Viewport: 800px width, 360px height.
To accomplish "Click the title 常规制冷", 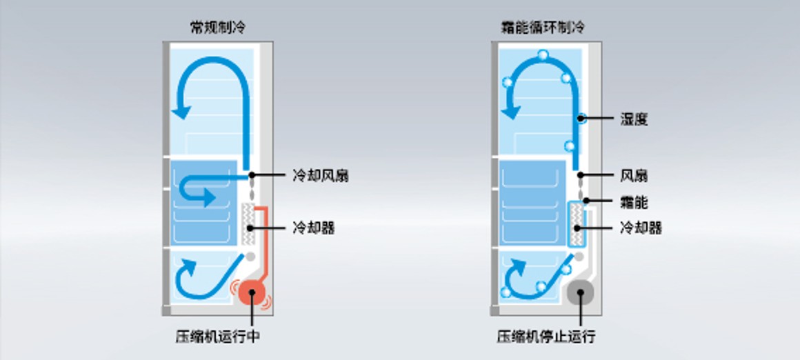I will point(217,28).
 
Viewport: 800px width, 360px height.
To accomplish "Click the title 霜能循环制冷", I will point(542,28).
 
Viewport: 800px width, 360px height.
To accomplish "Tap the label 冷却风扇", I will point(319,175).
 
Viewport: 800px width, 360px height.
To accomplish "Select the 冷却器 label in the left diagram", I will point(313,228).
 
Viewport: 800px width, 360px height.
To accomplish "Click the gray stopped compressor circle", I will point(581,294).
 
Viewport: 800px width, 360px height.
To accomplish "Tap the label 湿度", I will point(634,119).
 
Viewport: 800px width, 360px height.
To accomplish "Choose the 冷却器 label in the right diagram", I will point(641,228).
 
